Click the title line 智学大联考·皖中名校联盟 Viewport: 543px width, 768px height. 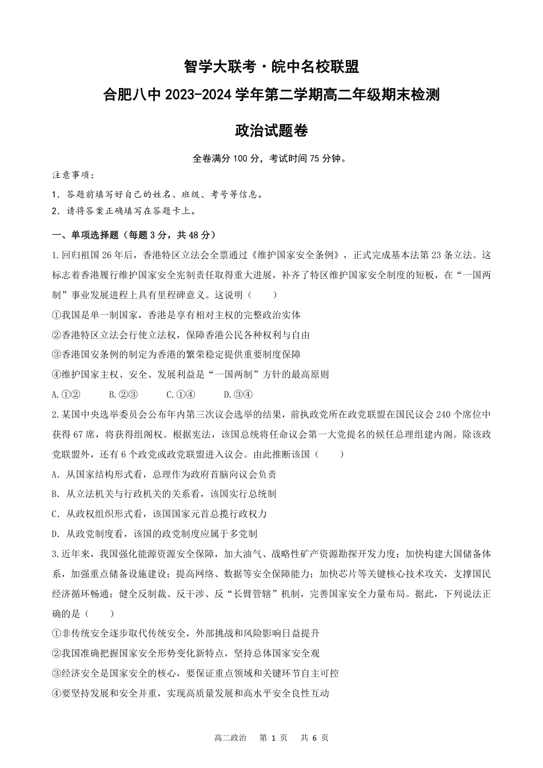point(271,67)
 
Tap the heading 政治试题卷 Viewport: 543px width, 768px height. point(271,131)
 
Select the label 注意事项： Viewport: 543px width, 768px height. point(73,175)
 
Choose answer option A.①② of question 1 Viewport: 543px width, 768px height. point(65,394)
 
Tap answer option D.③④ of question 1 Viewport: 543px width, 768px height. point(238,394)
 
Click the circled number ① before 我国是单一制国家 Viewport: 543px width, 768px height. point(56,315)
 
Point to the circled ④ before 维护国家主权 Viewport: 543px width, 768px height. point(56,374)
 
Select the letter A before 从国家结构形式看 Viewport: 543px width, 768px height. point(54,474)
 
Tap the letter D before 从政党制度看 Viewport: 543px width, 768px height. point(54,534)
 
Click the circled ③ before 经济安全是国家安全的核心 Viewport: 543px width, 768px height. point(56,673)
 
